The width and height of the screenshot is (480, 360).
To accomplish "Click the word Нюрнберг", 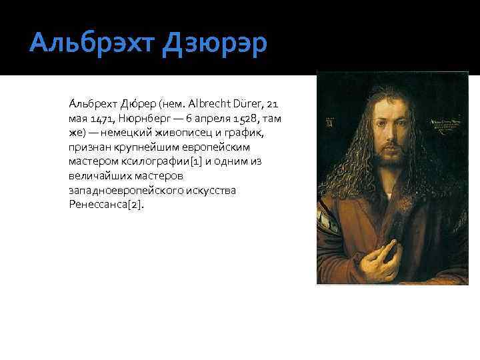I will (144, 118).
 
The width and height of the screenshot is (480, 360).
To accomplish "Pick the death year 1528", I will (243, 118).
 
